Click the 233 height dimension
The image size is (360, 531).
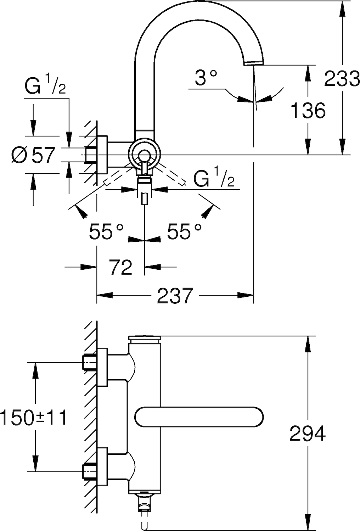tap(342, 79)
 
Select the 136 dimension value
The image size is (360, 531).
tap(308, 110)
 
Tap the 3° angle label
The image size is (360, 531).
tap(206, 77)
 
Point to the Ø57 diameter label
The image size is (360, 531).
tap(33, 155)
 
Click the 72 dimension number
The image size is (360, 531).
tap(120, 267)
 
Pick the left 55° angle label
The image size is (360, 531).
tap(106, 231)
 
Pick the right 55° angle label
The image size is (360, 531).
tap(184, 231)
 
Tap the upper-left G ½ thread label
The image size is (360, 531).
tap(45, 87)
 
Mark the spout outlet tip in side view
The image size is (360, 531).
tap(254, 63)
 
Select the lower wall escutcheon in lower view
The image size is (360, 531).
tap(102, 467)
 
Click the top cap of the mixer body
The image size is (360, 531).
tap(144, 339)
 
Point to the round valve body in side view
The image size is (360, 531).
tap(144, 155)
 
